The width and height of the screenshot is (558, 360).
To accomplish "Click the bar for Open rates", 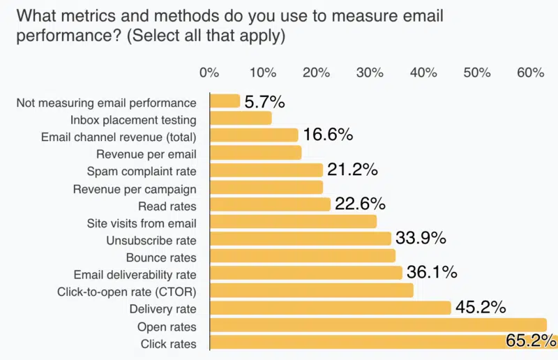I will tap(377, 325).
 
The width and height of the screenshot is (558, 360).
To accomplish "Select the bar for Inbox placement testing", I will tap(241, 119).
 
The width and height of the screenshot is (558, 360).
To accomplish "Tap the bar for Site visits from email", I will tap(293, 222).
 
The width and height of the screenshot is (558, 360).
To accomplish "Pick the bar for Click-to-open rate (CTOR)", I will tap(311, 290).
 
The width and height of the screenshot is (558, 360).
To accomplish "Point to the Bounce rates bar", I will tap(302, 256).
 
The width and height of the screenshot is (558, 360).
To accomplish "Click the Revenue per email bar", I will tap(255, 153).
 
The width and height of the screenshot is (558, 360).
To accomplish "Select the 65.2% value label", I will tap(531, 341).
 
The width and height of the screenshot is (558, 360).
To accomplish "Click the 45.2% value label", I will tap(480, 308).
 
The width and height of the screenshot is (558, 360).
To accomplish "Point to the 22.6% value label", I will tap(359, 204).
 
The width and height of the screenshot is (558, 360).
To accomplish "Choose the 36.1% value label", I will tap(431, 273).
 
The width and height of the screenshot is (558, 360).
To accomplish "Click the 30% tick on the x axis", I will tap(370, 73).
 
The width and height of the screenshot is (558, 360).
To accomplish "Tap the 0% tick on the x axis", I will tap(209, 73).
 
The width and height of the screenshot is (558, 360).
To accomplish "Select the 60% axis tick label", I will tap(531, 73).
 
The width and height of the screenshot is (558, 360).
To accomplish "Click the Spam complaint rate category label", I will tap(142, 171).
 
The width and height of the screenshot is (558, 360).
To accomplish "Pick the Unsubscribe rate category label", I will tap(151, 240).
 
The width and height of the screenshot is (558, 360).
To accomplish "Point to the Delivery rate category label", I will tap(163, 308).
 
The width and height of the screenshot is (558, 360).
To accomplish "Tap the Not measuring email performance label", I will tap(106, 103).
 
